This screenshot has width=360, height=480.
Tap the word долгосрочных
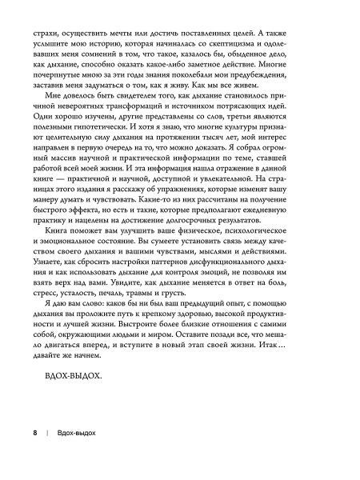(231, 241)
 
